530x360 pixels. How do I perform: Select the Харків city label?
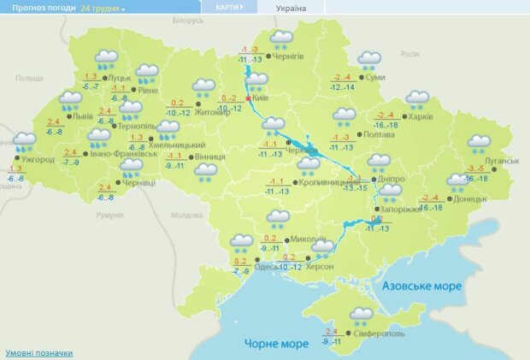tap(421, 117)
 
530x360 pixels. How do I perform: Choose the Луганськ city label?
tap(502, 161)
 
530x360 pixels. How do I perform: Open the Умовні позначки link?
tap(39, 352)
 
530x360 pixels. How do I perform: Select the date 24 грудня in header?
tap(101, 8)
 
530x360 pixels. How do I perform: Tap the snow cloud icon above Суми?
tap(369, 60)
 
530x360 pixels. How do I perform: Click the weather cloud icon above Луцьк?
tap(106, 59)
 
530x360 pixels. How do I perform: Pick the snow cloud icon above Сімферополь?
tap(362, 316)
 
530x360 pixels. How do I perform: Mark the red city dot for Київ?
tap(248, 99)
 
